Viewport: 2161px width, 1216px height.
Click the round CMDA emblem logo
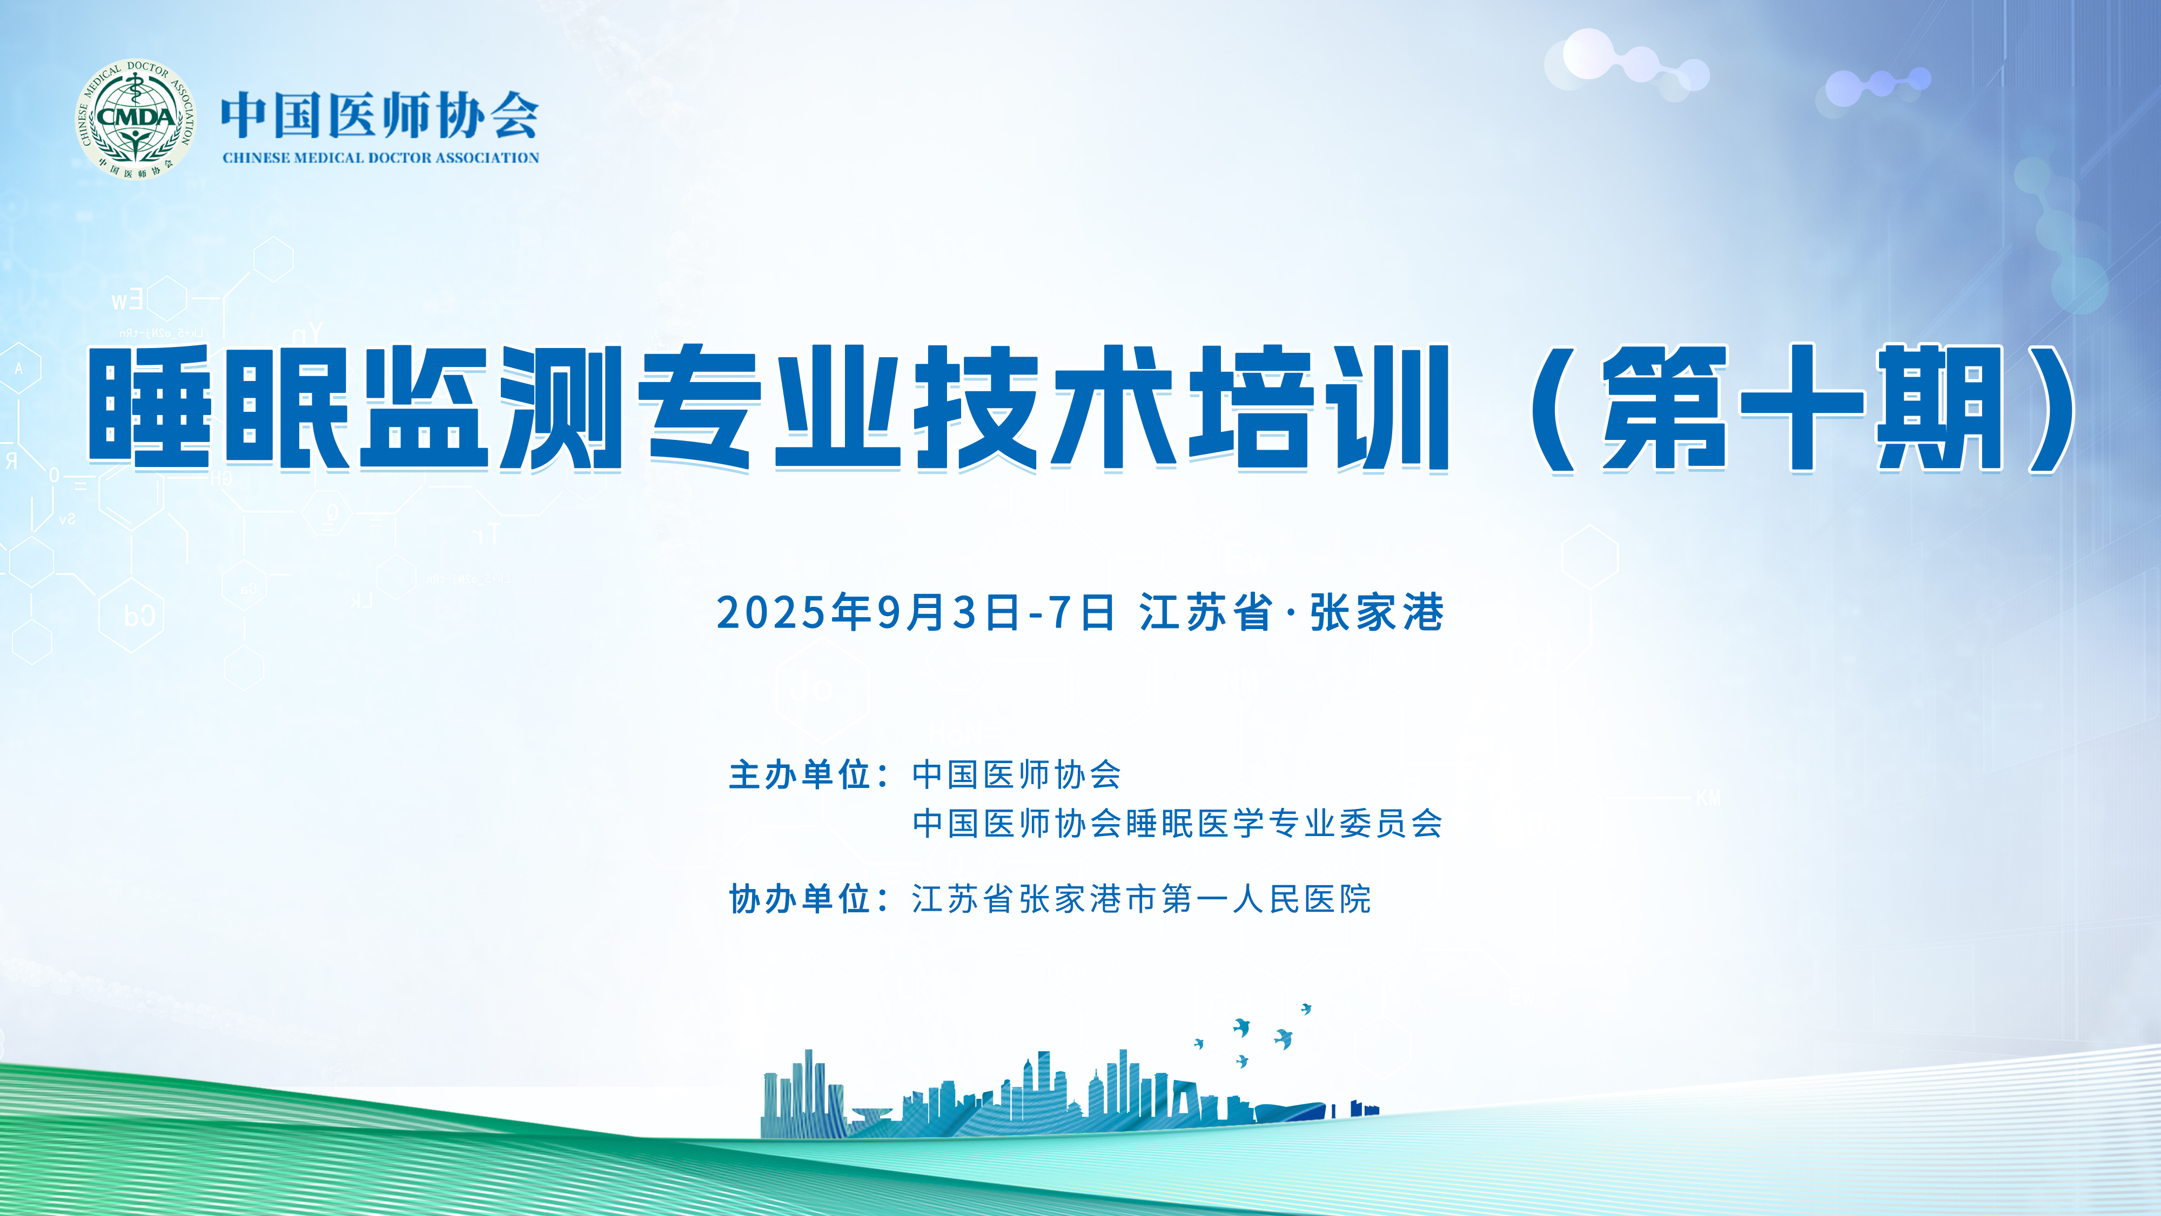point(136,118)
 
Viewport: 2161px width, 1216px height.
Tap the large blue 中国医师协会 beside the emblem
point(380,115)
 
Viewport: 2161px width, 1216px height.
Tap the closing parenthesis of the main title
point(2047,409)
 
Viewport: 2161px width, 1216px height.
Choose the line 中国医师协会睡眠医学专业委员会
point(1177,823)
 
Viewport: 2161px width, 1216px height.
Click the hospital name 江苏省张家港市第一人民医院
point(1142,899)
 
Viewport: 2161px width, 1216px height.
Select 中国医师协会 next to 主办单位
point(1017,774)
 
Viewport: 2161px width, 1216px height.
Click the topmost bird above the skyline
point(1306,1008)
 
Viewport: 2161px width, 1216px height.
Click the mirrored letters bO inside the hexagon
point(139,616)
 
